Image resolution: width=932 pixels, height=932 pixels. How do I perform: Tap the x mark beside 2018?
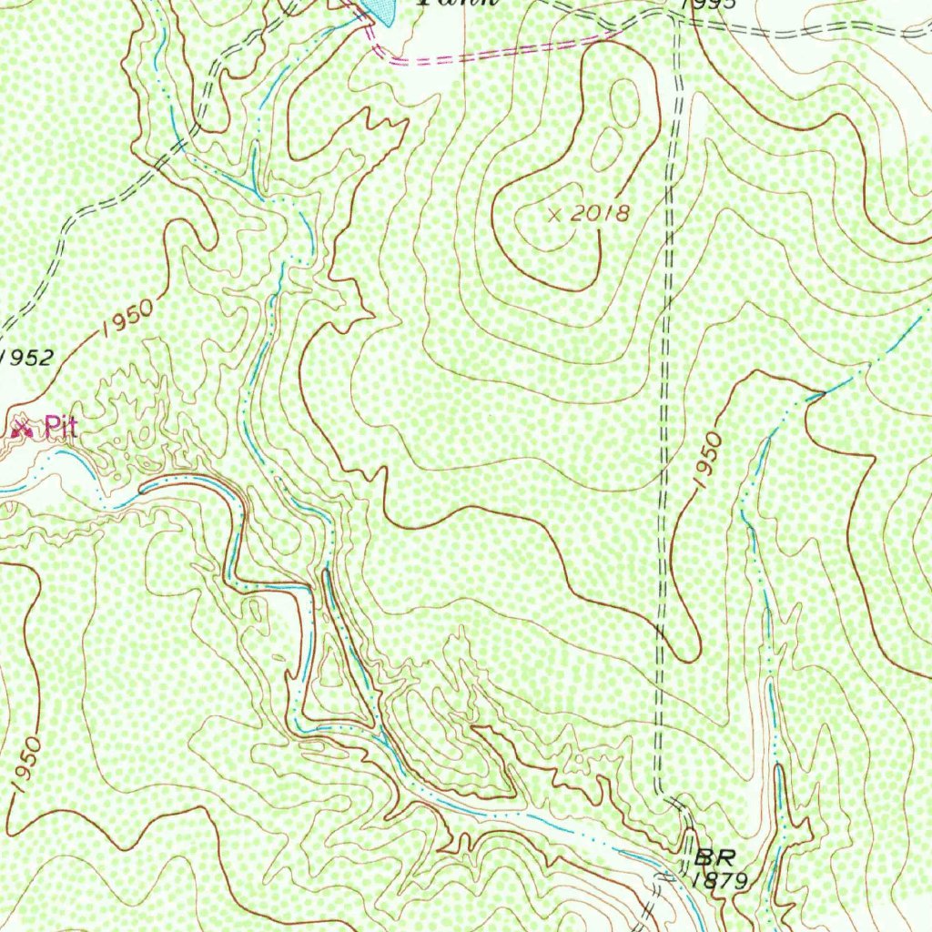click(x=556, y=215)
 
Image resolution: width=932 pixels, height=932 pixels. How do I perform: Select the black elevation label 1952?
click(x=27, y=357)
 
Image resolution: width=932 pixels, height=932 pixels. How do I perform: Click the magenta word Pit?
click(x=59, y=427)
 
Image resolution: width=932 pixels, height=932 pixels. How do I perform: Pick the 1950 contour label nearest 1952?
click(x=127, y=319)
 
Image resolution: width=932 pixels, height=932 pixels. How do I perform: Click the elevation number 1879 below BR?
click(x=719, y=880)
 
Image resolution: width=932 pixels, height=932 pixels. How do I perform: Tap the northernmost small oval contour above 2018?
click(x=624, y=102)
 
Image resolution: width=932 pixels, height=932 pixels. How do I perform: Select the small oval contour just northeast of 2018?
click(x=607, y=148)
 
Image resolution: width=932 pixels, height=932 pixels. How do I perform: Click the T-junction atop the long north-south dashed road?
click(x=676, y=19)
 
